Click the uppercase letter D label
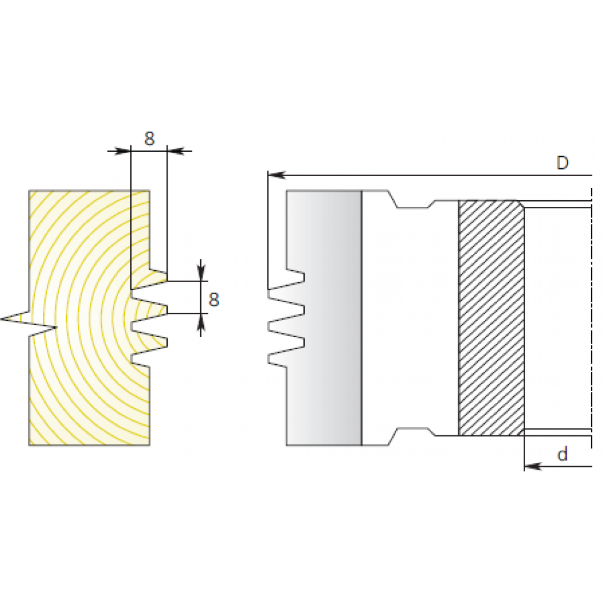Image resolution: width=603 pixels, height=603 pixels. tap(562, 163)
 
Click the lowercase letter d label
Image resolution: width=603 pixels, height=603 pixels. tap(562, 454)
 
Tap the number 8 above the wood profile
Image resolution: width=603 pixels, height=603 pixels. tap(149, 139)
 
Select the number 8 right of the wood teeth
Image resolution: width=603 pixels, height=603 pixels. tap(214, 300)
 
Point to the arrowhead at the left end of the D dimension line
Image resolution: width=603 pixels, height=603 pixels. tap(276, 175)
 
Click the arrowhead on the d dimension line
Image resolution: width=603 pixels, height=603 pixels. tap(533, 467)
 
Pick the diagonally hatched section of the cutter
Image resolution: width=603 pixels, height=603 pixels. tap(491, 318)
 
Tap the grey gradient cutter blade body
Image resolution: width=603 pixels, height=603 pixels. tap(323, 318)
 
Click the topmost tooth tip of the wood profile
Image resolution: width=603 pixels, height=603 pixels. tap(166, 276)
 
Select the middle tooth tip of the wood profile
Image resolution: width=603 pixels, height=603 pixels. tap(166, 309)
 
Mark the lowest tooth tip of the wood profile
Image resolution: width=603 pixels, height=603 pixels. tap(166, 343)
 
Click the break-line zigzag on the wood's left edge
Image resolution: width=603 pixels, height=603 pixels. tap(29, 324)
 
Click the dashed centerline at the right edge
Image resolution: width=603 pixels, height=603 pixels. tap(591, 318)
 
